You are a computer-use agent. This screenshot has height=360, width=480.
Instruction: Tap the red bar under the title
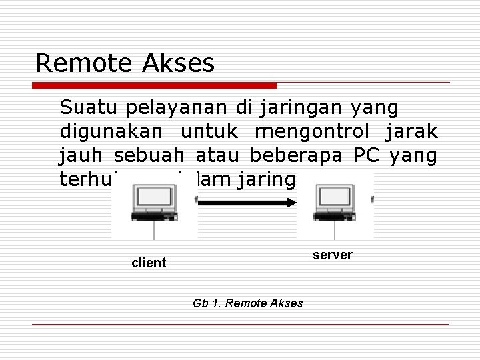tap(155, 85)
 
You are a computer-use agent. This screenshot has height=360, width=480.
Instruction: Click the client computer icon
tap(155, 205)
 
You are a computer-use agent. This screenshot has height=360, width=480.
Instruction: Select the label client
tap(149, 263)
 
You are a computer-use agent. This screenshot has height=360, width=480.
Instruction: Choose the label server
tap(333, 255)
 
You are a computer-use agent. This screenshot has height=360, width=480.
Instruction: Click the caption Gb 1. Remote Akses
tap(247, 303)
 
